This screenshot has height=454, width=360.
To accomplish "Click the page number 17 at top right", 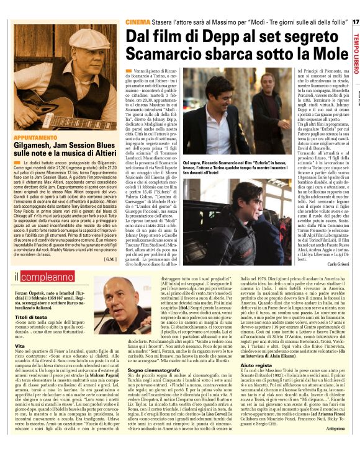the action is pos(354,22).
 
